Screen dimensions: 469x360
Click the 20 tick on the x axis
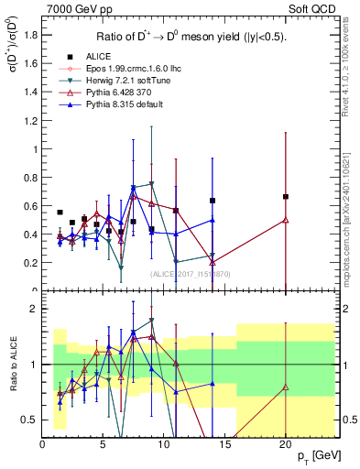(x=285, y=444)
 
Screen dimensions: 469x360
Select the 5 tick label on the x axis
(x=103, y=444)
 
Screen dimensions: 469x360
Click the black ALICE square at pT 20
(x=286, y=196)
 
